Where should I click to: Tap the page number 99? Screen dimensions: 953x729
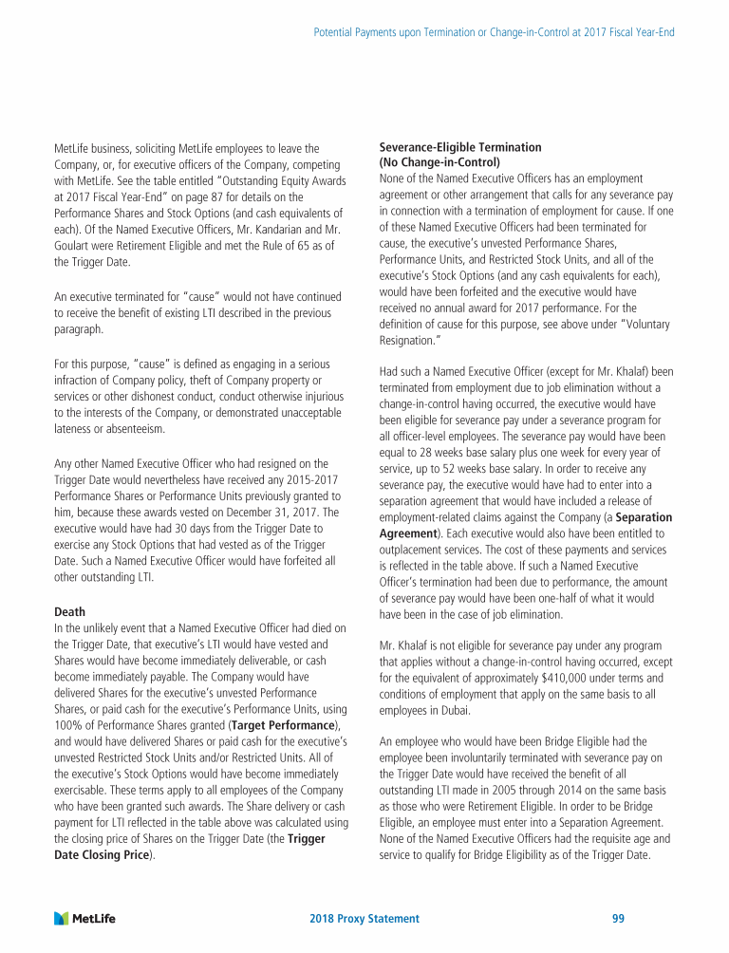618,919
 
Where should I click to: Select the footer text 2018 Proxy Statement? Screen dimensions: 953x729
364,919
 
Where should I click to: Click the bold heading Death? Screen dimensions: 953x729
69,612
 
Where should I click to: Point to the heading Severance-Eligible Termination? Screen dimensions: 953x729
460,147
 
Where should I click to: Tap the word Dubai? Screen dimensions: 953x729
457,710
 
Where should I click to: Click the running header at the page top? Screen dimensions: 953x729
494,33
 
